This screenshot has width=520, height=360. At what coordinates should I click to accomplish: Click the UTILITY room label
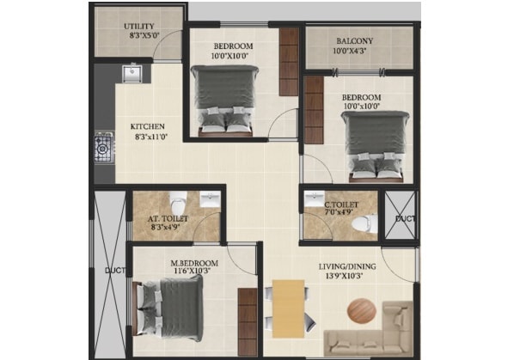tap(139, 26)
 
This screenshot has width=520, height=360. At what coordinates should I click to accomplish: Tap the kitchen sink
tap(132, 73)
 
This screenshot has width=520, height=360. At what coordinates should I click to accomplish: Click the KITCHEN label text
tap(148, 126)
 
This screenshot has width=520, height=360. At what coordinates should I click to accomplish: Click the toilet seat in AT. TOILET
tap(178, 203)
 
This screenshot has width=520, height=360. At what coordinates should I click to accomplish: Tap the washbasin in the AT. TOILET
tap(211, 199)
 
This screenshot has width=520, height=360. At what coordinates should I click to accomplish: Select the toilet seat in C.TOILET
tap(364, 223)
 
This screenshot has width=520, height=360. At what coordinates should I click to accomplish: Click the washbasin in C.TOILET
tap(315, 198)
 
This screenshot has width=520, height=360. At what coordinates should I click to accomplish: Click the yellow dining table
tap(289, 309)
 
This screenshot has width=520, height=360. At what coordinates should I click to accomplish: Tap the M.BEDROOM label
tap(194, 263)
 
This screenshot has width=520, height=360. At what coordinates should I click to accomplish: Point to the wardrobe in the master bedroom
tap(248, 322)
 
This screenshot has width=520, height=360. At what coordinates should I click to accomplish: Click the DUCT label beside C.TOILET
tap(405, 219)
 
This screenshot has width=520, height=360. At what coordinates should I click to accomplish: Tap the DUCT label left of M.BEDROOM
tap(115, 270)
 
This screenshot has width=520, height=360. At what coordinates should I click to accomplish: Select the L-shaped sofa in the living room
tap(369, 329)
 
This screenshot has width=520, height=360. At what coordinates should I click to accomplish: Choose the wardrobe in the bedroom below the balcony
tap(314, 110)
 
